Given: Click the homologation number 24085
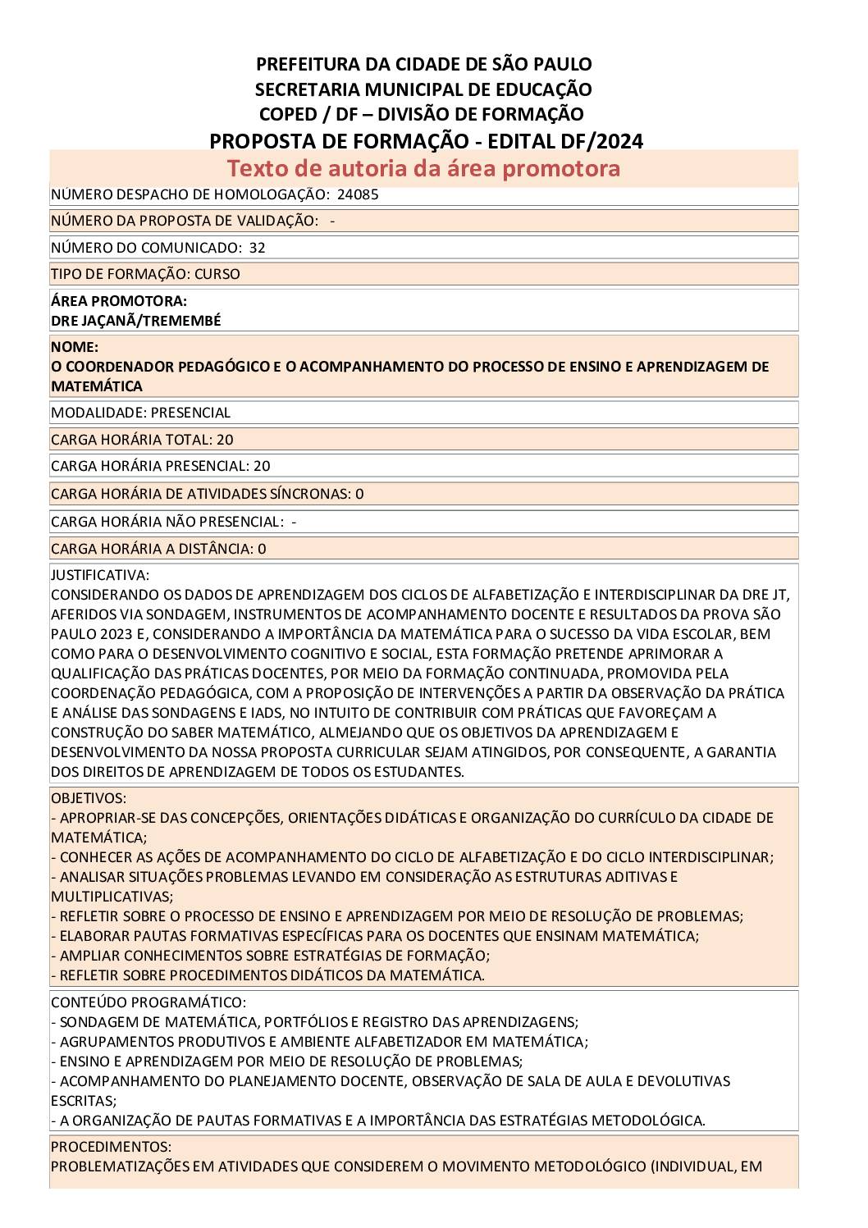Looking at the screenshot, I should [x=358, y=194].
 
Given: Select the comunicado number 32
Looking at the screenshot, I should [x=257, y=248].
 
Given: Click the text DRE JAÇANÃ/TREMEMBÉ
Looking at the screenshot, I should [x=135, y=321].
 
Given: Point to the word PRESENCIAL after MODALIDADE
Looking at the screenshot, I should [x=190, y=413].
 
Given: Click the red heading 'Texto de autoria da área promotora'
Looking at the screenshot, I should [x=423, y=168].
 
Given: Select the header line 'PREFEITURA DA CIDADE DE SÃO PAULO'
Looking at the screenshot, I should [x=423, y=64].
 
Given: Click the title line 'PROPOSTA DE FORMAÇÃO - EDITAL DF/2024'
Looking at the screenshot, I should [x=426, y=141].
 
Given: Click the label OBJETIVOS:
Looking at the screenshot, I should [x=89, y=798].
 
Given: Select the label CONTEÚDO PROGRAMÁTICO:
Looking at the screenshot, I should [x=148, y=1002].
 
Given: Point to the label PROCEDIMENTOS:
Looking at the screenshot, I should [x=111, y=1147].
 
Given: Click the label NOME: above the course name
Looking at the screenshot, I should [x=75, y=347].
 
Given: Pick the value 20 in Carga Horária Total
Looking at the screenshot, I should [x=225, y=440].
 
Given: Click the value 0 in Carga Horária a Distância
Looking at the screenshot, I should [x=262, y=549].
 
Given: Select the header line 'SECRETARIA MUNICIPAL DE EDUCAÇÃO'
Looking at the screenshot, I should [x=423, y=89].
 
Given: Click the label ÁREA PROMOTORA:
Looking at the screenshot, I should [x=118, y=301].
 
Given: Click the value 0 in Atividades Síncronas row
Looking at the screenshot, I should [x=359, y=494].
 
